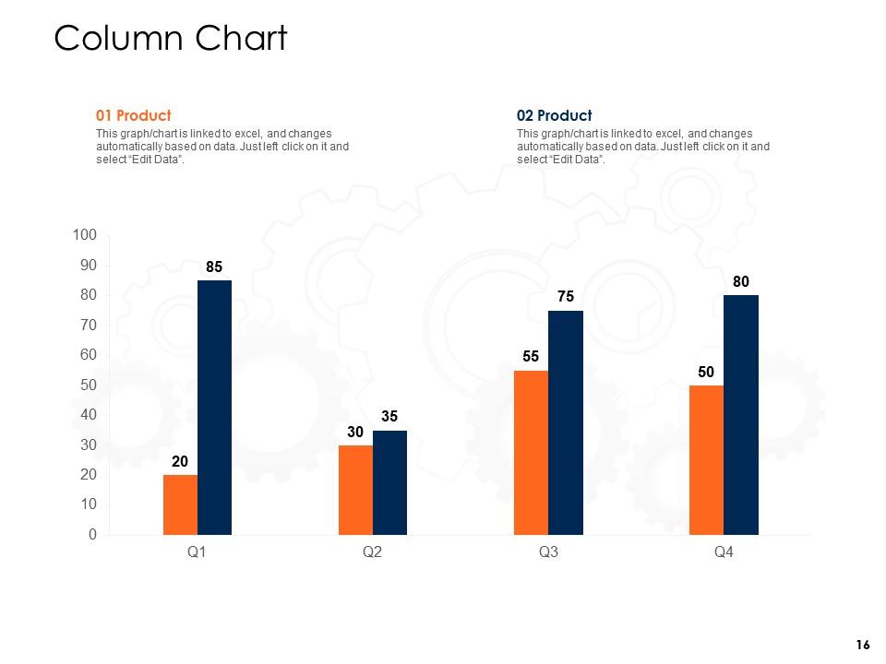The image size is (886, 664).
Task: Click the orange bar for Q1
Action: (180, 504)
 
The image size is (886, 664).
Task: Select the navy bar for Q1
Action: (214, 408)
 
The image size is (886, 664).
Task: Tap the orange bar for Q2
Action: (355, 490)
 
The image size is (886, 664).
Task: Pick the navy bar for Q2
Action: (389, 482)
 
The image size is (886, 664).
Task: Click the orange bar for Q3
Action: (531, 453)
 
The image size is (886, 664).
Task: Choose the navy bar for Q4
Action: (740, 415)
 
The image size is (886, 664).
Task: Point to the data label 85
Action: (214, 267)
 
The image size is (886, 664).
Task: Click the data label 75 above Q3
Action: (565, 296)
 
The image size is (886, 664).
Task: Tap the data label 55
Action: (531, 356)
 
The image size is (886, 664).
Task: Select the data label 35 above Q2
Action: (389, 416)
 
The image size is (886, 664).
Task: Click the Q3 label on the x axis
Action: (548, 552)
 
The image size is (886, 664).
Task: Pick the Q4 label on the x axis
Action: (724, 552)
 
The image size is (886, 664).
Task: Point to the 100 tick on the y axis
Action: (84, 236)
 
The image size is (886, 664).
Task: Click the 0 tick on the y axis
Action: (92, 535)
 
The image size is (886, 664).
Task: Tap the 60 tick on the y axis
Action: (88, 355)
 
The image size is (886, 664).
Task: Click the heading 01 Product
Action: (134, 115)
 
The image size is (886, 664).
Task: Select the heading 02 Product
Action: (554, 115)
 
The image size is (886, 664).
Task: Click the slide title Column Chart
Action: (171, 39)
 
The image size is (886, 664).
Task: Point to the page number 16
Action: (863, 644)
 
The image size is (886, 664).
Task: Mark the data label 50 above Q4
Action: (706, 371)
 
